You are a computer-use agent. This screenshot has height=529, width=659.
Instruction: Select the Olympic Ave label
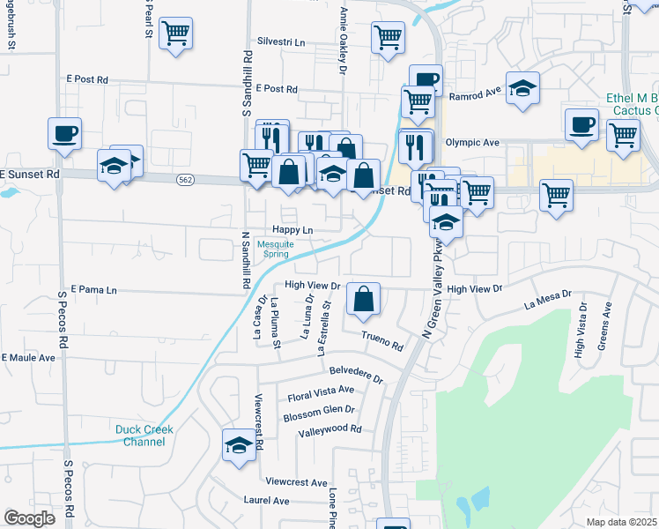point(472,143)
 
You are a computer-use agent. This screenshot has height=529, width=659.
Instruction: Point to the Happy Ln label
point(292,230)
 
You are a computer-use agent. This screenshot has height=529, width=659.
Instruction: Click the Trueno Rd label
point(383,340)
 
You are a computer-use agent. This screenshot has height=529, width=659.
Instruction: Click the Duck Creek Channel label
point(144,436)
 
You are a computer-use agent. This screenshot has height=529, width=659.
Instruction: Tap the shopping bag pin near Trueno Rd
point(363,299)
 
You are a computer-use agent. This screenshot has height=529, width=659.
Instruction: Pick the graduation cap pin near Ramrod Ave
point(522,88)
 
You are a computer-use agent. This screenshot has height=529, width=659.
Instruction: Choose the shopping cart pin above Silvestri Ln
point(175,34)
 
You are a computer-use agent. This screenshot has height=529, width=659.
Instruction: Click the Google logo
point(29,518)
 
